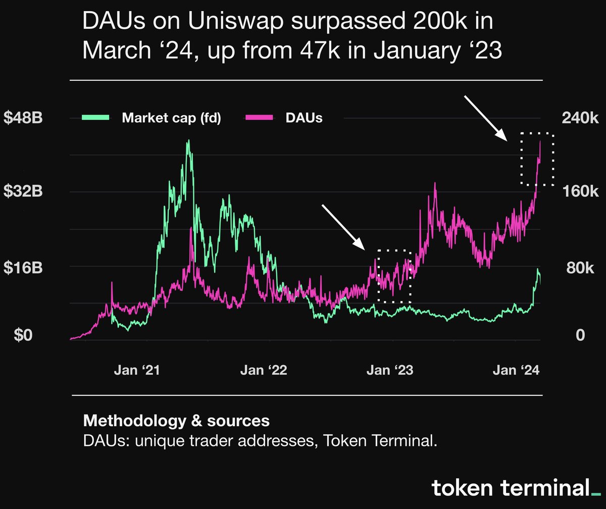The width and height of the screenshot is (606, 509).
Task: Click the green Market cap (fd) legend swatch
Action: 95,118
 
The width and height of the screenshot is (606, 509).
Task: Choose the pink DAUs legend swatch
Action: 259,118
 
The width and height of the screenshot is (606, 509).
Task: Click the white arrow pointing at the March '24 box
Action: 486,119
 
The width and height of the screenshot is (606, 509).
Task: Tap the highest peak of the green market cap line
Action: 188,141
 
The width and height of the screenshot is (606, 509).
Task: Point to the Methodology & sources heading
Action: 176,420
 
